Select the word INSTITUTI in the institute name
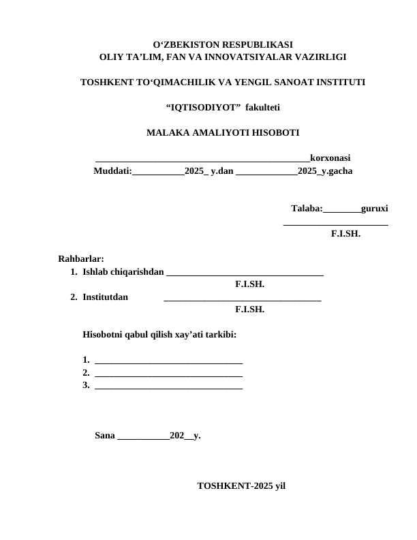(x=339, y=82)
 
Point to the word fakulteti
(x=262, y=107)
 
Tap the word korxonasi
(x=330, y=157)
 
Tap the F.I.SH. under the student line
(x=345, y=233)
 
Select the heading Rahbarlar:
(x=81, y=258)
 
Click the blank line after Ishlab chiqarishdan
(x=245, y=273)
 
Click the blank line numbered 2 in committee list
(x=168, y=374)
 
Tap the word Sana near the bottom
(x=105, y=435)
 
